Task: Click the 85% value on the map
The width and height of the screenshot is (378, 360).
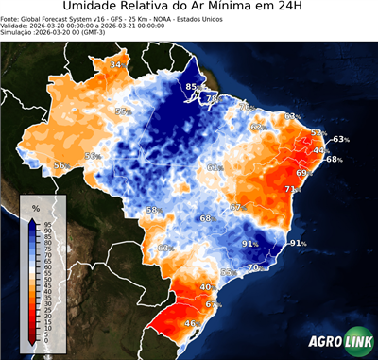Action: tap(194, 88)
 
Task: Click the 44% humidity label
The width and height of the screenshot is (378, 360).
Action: tap(321, 150)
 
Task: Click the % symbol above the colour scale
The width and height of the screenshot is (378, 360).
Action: tap(36, 207)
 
